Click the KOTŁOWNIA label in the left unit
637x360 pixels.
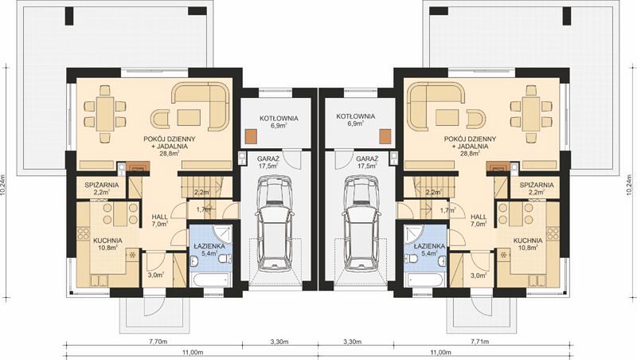click(x=279, y=118)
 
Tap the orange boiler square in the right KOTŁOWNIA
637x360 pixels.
click(x=385, y=136)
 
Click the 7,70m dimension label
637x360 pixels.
click(x=158, y=342)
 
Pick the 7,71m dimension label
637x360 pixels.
click(x=480, y=342)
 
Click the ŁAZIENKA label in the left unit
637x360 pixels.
click(x=209, y=246)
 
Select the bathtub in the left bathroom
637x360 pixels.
click(x=209, y=280)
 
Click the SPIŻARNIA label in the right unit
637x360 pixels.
click(x=537, y=185)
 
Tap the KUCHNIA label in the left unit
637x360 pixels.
click(x=107, y=241)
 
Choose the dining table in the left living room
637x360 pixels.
click(x=105, y=114)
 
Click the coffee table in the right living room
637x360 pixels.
click(x=447, y=118)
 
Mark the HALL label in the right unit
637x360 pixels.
click(x=479, y=217)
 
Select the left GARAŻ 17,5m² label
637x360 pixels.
click(x=268, y=162)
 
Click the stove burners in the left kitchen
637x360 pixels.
click(x=83, y=233)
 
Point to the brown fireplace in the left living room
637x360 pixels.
click(x=138, y=166)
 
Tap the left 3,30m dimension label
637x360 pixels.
click(x=279, y=342)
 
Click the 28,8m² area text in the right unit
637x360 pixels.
click(x=469, y=154)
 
